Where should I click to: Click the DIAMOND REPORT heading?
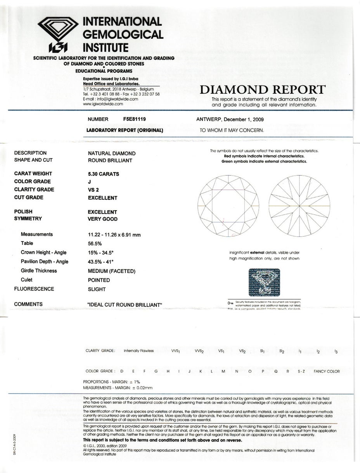click(x=262, y=90)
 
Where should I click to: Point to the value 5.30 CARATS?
click(x=104, y=174)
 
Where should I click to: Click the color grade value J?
click(x=90, y=182)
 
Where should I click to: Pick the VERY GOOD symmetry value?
click(x=103, y=219)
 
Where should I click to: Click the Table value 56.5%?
click(x=95, y=244)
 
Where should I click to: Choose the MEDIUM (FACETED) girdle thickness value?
click(x=112, y=271)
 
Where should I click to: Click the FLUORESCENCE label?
click(x=34, y=289)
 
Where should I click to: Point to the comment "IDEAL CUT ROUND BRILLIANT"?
click(x=125, y=305)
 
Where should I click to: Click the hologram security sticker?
click(x=264, y=282)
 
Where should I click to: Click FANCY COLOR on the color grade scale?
click(x=327, y=371)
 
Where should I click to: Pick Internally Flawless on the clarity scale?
click(x=138, y=351)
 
